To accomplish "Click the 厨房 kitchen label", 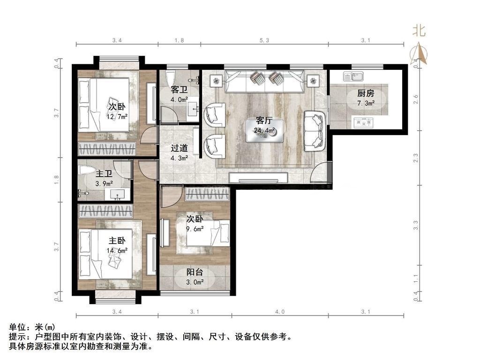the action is (x=366, y=93).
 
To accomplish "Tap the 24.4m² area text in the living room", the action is (x=264, y=131).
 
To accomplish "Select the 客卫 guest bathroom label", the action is (x=179, y=90).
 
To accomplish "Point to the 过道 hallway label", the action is (x=179, y=148).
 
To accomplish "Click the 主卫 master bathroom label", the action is (x=104, y=174).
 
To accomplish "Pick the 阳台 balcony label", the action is (x=195, y=272).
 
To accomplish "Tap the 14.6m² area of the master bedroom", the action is (x=117, y=251).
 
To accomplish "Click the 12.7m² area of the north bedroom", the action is (x=117, y=116).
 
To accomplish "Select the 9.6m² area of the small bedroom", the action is (x=195, y=229).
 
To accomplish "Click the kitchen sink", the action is (x=353, y=76).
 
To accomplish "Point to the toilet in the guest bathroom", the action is (x=170, y=78).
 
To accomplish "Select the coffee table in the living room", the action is (x=265, y=131).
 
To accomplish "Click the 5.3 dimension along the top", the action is (x=264, y=40).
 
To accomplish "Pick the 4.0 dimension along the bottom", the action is (x=279, y=312).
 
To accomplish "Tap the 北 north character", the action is (x=419, y=30).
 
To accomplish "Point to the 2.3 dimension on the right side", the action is (x=415, y=158).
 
